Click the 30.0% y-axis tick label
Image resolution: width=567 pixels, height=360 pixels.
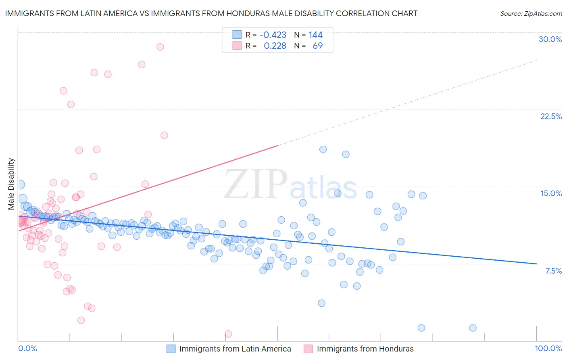click(550, 39)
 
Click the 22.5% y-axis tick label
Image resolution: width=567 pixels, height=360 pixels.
click(551, 116)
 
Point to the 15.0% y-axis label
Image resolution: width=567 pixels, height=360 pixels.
click(551, 193)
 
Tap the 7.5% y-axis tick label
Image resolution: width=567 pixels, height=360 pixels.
click(553, 271)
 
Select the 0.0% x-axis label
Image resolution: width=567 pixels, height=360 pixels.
click(27, 348)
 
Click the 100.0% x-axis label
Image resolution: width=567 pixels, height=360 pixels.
click(548, 348)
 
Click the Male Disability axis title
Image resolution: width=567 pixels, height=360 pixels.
click(11, 184)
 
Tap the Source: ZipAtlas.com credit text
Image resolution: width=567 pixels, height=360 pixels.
click(531, 13)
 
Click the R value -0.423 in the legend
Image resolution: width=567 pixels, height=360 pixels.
click(273, 35)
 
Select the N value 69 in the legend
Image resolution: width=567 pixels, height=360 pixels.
click(317, 46)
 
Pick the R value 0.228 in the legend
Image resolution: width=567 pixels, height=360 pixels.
click(275, 46)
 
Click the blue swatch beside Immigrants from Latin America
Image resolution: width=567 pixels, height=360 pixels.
click(171, 349)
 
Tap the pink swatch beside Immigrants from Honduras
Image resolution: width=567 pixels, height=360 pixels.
click(309, 349)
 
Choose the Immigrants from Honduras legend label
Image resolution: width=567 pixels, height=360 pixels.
click(365, 349)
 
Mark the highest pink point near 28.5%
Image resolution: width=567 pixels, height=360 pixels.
click(160, 47)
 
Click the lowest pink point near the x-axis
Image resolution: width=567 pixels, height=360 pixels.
click(228, 334)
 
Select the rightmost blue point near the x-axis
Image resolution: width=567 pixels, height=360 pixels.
click(473, 328)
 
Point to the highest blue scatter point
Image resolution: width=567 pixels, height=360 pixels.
click(323, 149)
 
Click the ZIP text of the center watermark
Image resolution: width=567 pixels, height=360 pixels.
click(256, 184)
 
